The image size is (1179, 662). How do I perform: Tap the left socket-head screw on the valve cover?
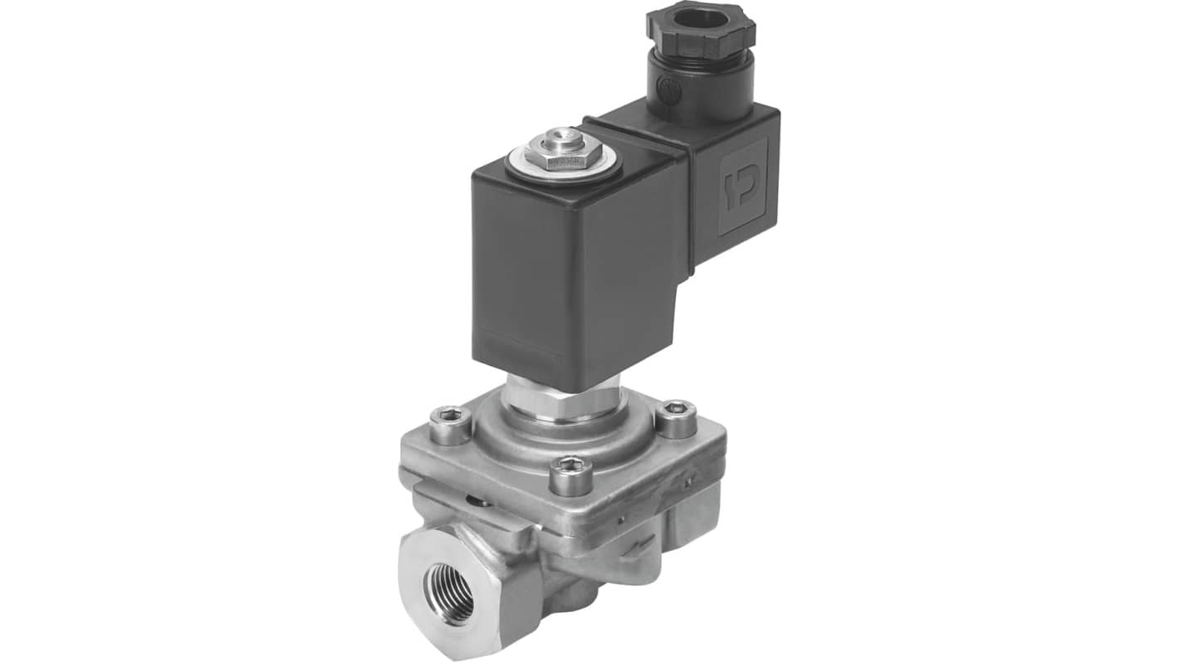point(451,424)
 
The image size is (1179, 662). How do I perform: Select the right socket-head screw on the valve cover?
point(677,417)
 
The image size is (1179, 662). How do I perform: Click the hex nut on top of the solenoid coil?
point(565,153)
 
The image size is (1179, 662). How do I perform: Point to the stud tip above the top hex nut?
point(566,135)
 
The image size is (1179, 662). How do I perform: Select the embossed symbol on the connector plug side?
point(741,186)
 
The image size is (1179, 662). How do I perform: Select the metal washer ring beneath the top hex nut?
point(565,163)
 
